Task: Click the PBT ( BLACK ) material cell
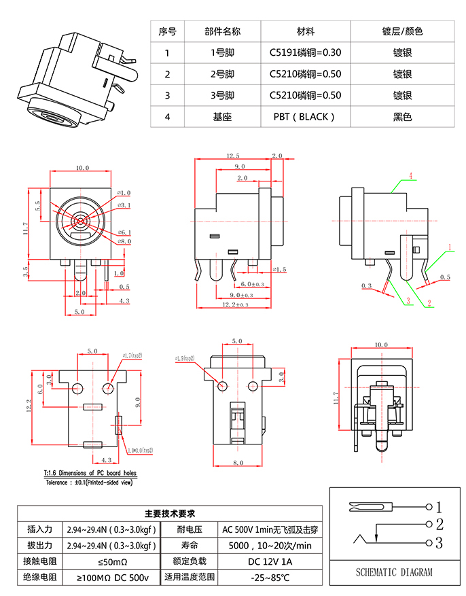click(305, 117)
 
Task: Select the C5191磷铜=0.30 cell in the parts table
click(305, 52)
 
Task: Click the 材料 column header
click(305, 31)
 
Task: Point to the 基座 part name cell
click(222, 117)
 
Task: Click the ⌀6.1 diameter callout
click(124, 232)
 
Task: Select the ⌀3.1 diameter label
click(124, 204)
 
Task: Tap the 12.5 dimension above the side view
click(233, 156)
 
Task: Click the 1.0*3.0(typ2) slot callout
click(140, 450)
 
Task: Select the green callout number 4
click(410, 175)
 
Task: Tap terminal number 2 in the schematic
click(439, 524)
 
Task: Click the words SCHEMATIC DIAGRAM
click(394, 572)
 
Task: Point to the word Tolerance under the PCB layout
click(60, 482)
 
